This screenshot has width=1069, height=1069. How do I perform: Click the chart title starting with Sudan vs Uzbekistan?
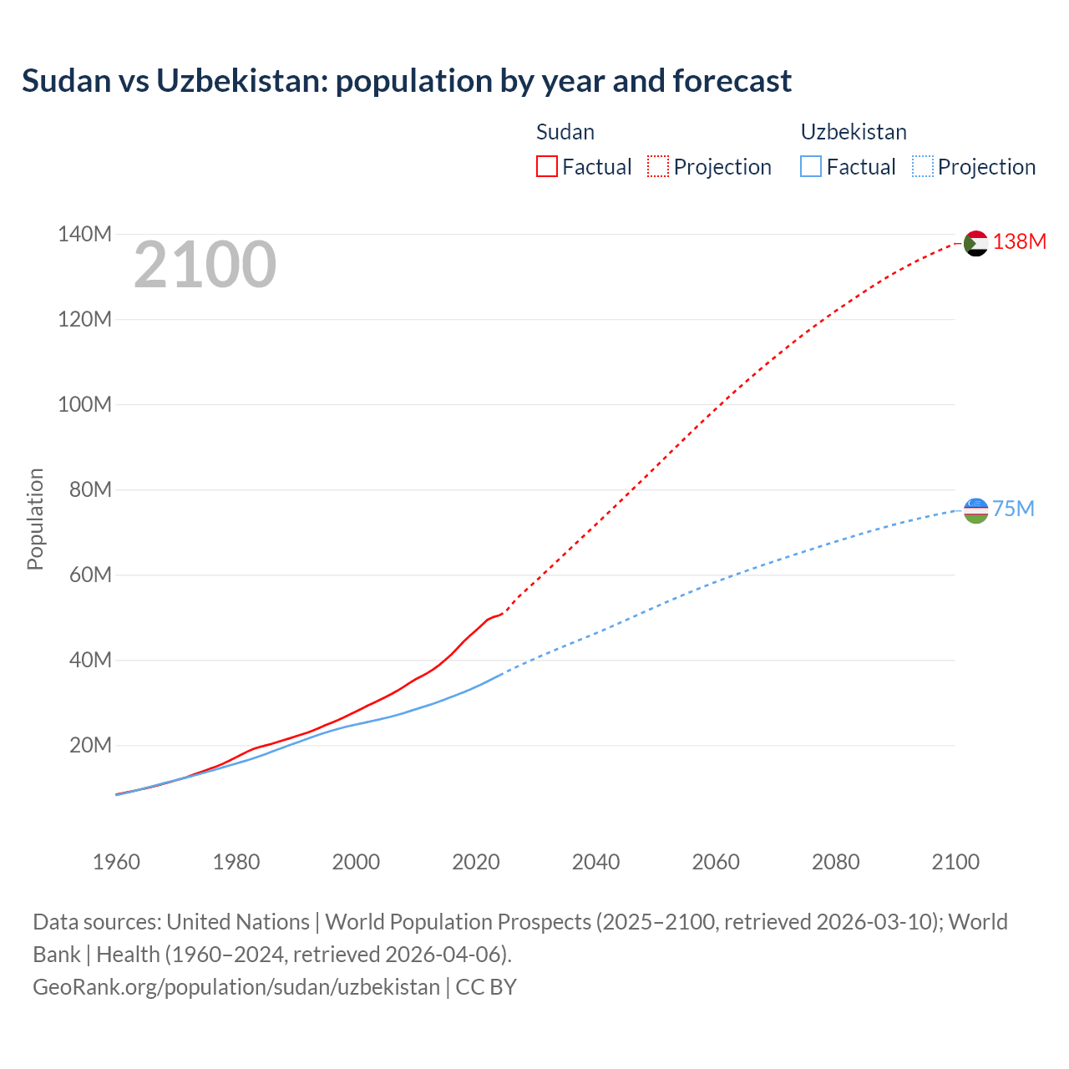click(406, 81)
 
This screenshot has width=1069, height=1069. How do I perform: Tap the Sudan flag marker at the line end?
click(975, 243)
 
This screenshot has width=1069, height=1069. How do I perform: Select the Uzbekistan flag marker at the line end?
click(975, 510)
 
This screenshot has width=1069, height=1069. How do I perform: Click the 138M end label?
click(1019, 241)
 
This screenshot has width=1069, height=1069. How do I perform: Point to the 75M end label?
click(1013, 509)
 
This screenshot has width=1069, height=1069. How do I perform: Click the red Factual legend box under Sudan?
click(547, 166)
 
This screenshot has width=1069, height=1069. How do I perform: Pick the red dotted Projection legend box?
click(658, 166)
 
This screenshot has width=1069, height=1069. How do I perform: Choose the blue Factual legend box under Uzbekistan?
click(811, 166)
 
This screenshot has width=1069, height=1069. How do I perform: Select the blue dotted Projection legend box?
click(923, 166)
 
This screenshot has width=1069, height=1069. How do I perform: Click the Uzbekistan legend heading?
click(854, 132)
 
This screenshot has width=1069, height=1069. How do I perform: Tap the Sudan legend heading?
click(565, 132)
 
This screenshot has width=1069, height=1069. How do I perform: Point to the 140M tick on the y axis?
click(84, 234)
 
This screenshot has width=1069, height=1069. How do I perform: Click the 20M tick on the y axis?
click(90, 745)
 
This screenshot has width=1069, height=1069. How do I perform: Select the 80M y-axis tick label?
click(90, 489)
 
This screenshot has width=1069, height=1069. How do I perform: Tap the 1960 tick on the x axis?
click(116, 862)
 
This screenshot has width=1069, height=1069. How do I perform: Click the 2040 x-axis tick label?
click(595, 862)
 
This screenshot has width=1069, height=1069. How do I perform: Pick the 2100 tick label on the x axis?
click(955, 862)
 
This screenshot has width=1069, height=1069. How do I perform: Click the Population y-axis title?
click(35, 519)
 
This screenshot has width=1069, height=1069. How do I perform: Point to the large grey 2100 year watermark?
click(205, 265)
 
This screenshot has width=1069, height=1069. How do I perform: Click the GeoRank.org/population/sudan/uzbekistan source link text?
click(236, 986)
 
